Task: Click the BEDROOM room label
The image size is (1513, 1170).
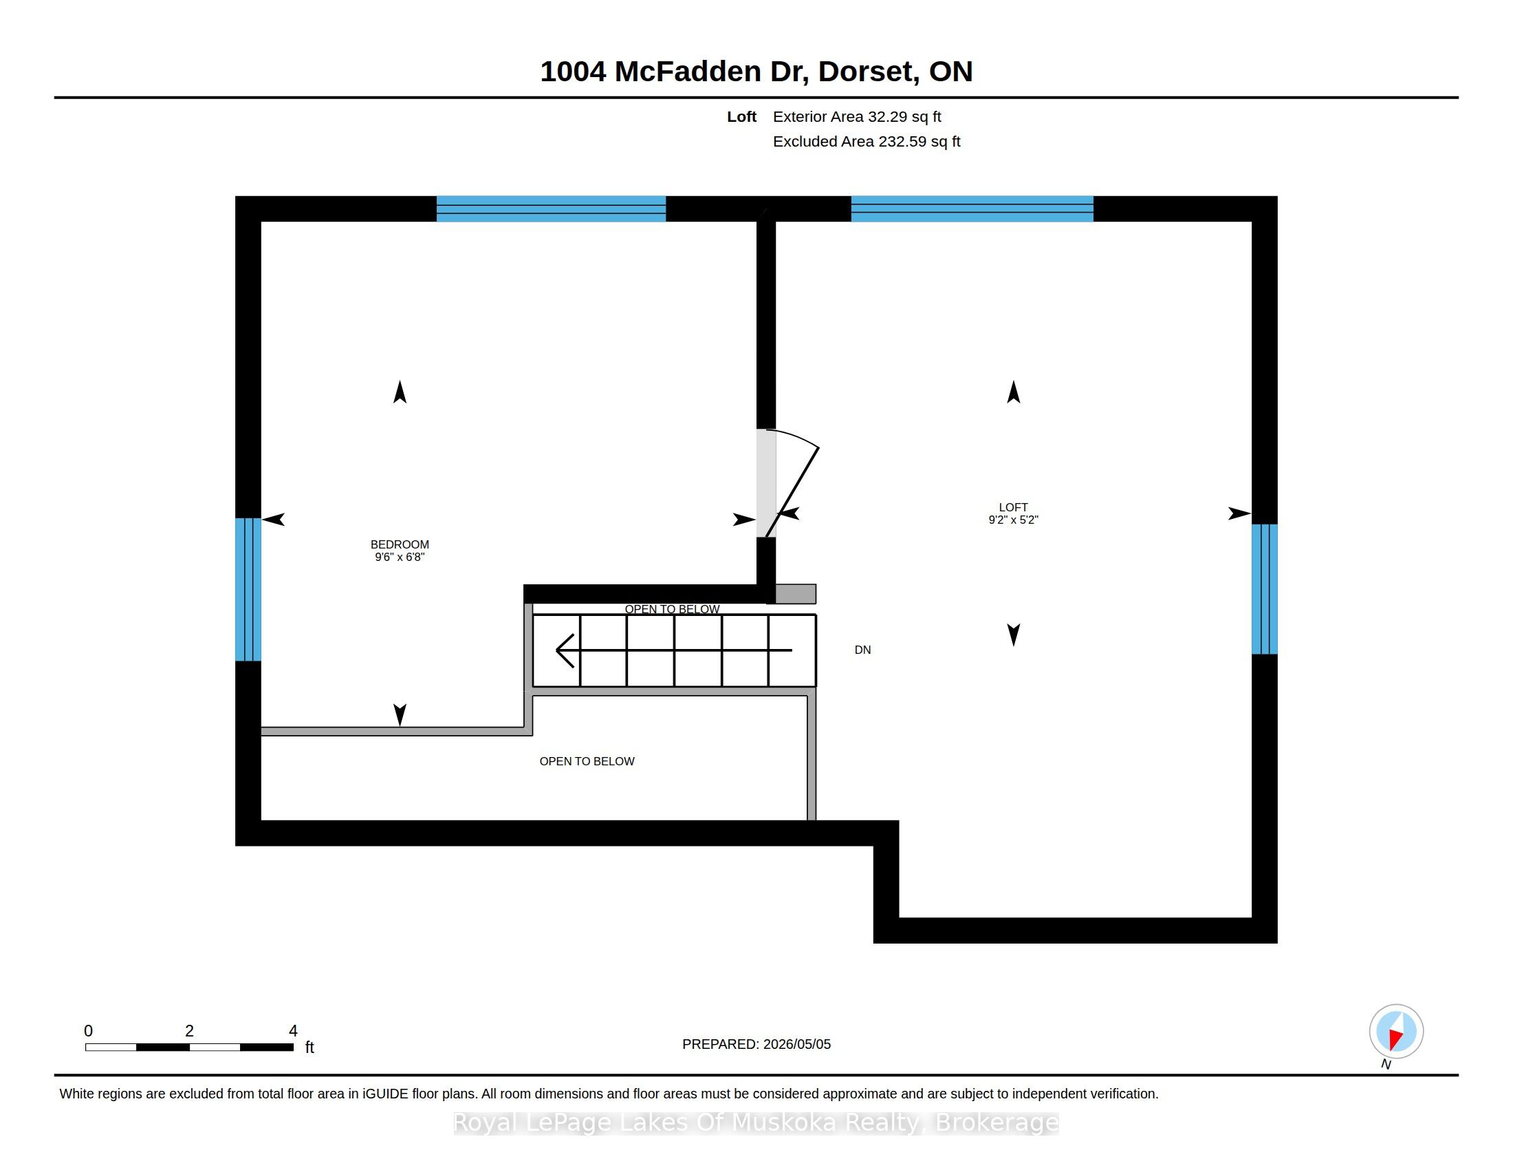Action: click(x=400, y=545)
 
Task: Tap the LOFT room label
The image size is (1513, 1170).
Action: click(x=1013, y=507)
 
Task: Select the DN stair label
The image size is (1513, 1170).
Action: click(x=862, y=650)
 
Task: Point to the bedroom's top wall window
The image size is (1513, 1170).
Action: click(x=551, y=209)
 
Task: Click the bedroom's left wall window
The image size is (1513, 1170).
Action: click(x=248, y=590)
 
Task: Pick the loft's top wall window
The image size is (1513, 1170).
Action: click(x=972, y=209)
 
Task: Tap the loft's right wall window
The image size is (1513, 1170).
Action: click(x=1264, y=589)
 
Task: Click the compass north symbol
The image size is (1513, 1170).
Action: click(x=1396, y=1032)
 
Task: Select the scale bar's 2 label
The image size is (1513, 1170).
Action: click(x=189, y=1031)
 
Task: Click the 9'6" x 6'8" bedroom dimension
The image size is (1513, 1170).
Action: click(x=400, y=557)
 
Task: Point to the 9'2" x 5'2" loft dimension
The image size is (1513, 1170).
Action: click(x=1013, y=520)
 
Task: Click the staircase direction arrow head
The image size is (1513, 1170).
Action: click(x=565, y=650)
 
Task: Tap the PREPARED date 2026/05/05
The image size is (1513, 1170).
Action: click(x=794, y=1044)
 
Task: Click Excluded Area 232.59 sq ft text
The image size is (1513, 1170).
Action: click(x=867, y=141)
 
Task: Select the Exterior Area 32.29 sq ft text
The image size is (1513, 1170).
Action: click(x=857, y=116)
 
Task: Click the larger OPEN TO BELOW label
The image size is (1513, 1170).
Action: click(x=587, y=761)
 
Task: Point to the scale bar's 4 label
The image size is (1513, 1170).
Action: click(x=293, y=1031)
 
